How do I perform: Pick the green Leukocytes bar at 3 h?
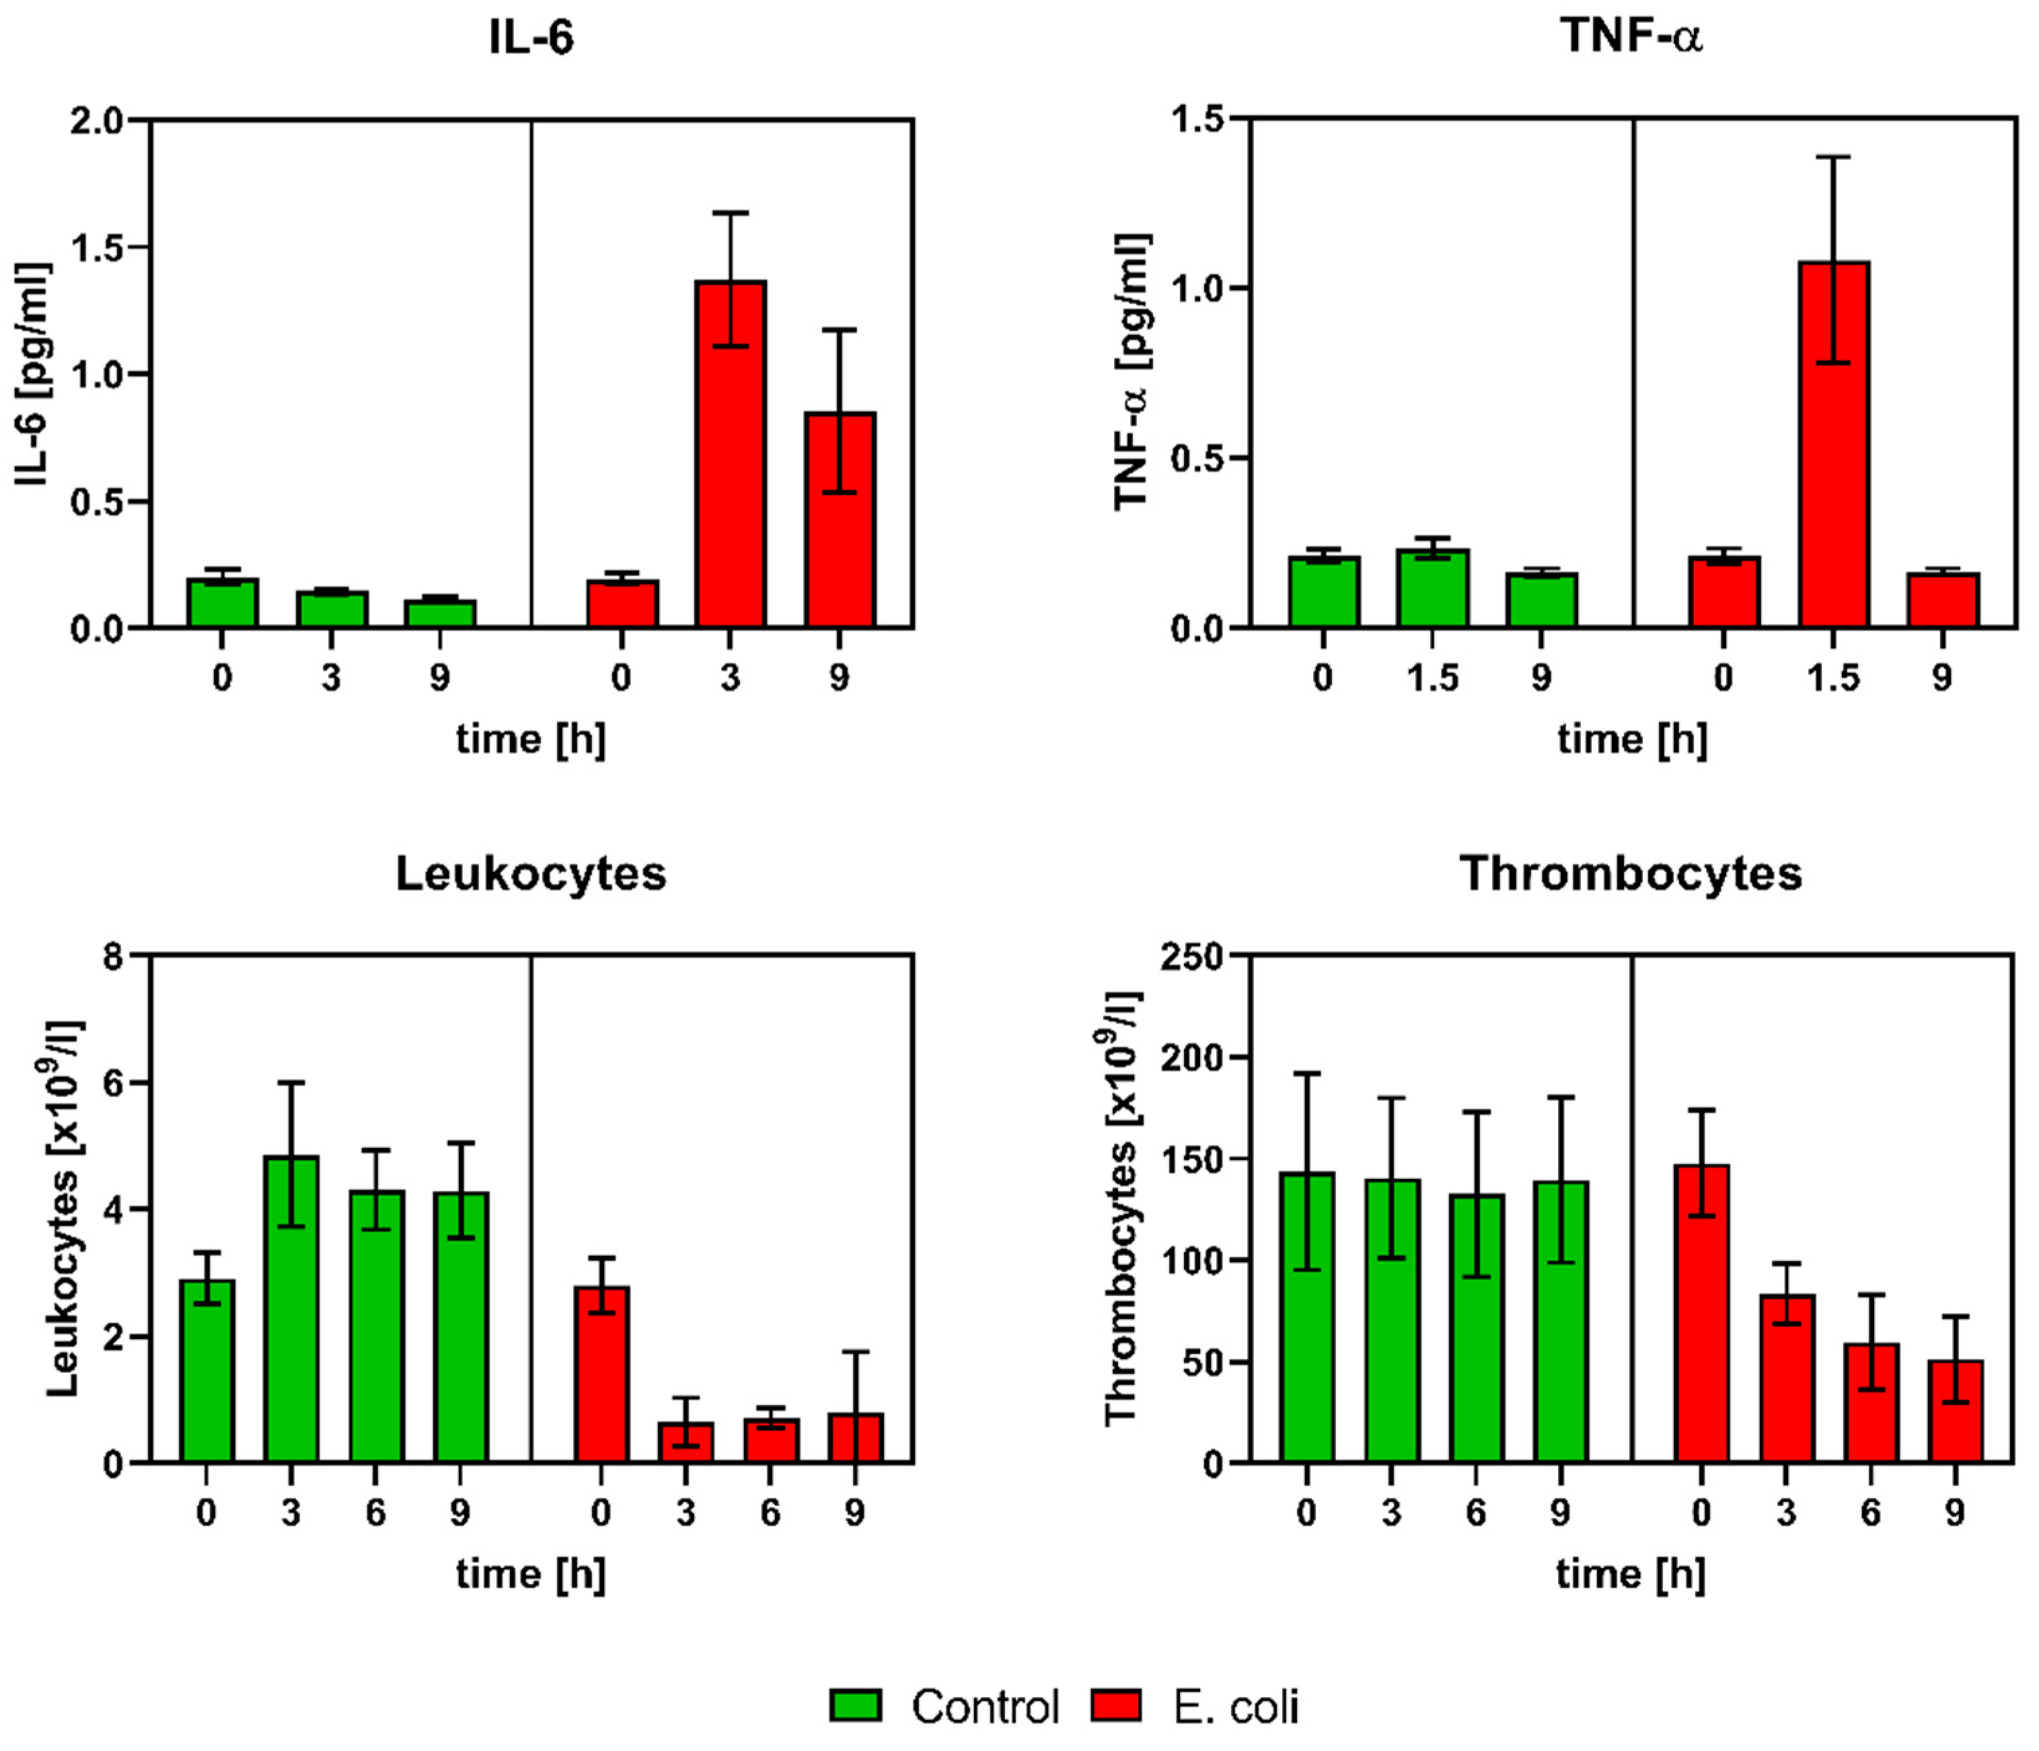point(291,1309)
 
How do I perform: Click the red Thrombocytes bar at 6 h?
point(1871,1402)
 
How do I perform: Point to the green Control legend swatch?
point(854,1705)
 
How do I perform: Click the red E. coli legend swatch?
point(1116,1705)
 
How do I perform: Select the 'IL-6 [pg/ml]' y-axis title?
point(32,374)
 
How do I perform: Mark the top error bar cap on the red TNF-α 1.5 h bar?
point(1833,157)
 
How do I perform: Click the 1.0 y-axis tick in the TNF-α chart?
point(1197,289)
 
